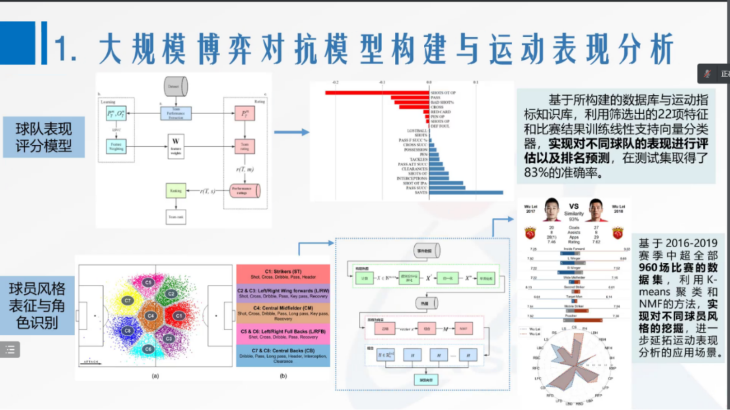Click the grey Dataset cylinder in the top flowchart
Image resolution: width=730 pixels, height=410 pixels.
coord(175,86)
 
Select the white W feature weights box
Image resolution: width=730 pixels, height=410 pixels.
coord(176,146)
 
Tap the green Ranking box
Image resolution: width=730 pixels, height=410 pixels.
coord(176,191)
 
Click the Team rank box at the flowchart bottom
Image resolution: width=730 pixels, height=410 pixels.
coord(176,217)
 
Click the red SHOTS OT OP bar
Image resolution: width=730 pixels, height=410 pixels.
coord(377,92)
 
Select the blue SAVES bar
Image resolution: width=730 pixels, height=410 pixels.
coord(466,193)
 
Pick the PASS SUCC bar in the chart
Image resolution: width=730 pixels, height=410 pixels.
coord(447,188)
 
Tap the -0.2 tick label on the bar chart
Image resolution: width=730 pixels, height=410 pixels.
coord(335,83)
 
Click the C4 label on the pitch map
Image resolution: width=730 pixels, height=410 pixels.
coord(151,316)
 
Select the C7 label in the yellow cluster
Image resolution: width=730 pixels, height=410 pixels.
coord(128,301)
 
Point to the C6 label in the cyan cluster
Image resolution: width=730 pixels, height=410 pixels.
coord(148,349)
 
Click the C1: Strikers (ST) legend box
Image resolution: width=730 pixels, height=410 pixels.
coord(283,274)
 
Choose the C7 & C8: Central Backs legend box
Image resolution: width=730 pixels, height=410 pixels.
coord(283,356)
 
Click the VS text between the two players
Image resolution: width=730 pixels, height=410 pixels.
coord(574,206)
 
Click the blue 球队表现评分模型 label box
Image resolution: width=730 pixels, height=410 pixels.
coord(44,137)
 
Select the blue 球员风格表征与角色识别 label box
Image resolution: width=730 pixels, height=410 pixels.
coord(37,306)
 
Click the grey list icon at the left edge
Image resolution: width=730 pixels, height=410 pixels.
coord(10,350)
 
